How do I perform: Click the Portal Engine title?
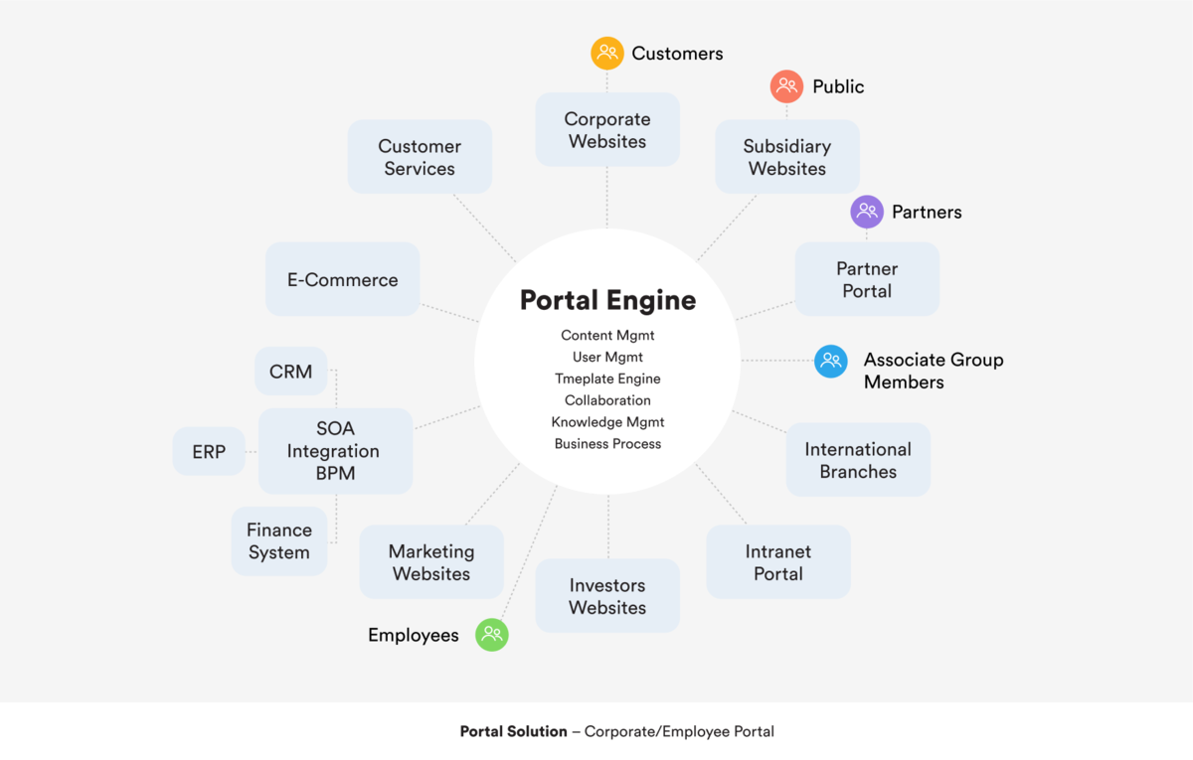607,300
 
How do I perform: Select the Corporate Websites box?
607,130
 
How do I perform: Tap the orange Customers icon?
607,53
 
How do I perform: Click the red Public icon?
786,86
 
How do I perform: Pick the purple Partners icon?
867,212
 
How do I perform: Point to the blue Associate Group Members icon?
831,361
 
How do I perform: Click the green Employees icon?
492,635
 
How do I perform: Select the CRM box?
290,372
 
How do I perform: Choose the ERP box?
209,452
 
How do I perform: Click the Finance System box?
279,541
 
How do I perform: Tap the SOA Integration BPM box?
335,451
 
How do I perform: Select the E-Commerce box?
343,280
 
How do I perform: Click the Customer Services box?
420,157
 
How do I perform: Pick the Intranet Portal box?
778,562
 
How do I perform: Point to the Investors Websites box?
607,596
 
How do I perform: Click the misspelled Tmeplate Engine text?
607,379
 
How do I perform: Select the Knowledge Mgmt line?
607,422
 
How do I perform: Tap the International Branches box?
858,460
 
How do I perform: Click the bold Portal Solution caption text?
513,731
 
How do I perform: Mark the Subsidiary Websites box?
787,157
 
